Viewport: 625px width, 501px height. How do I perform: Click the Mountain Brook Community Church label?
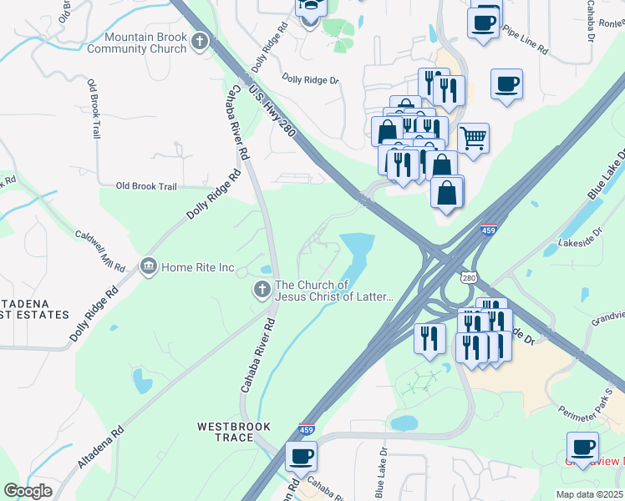(x=146, y=43)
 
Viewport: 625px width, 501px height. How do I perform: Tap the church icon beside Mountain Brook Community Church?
(x=199, y=42)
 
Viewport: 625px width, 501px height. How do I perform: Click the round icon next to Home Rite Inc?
(x=149, y=267)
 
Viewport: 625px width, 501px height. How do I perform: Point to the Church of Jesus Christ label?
(x=334, y=291)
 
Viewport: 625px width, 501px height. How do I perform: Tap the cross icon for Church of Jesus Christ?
(x=262, y=291)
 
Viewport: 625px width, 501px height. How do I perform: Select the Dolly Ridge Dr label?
(x=310, y=81)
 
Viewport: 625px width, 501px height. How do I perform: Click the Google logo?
(x=28, y=491)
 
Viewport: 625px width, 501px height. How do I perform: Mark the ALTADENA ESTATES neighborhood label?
(x=33, y=309)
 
